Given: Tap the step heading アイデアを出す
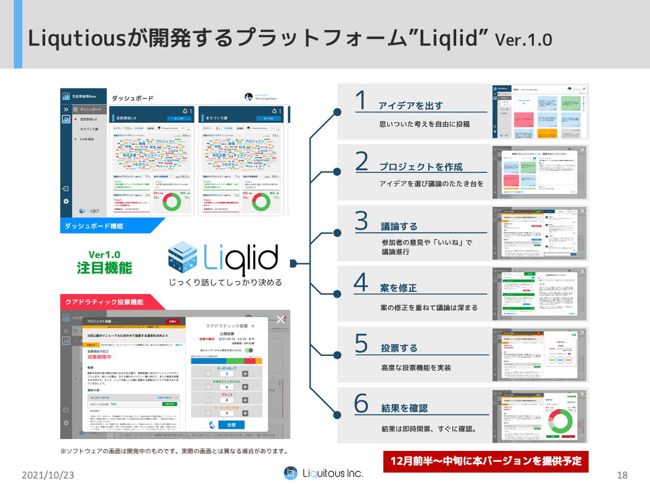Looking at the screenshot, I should pos(410,106).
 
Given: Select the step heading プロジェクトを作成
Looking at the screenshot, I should pos(420,167).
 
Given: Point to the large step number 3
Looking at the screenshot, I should pos(361,221).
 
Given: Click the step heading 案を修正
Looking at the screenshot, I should pos(398,288).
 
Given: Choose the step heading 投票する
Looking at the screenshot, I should pos(399,348).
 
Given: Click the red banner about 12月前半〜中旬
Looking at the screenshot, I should pos(486,461).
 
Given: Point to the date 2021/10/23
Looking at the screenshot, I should pos(48,475).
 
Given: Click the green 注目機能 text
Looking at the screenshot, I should pos(104,268).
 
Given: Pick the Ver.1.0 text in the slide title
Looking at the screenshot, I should pos(523,40).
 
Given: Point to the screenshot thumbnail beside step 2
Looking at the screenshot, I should pos(540,173).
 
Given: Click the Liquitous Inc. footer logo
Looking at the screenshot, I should pos(324,473).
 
